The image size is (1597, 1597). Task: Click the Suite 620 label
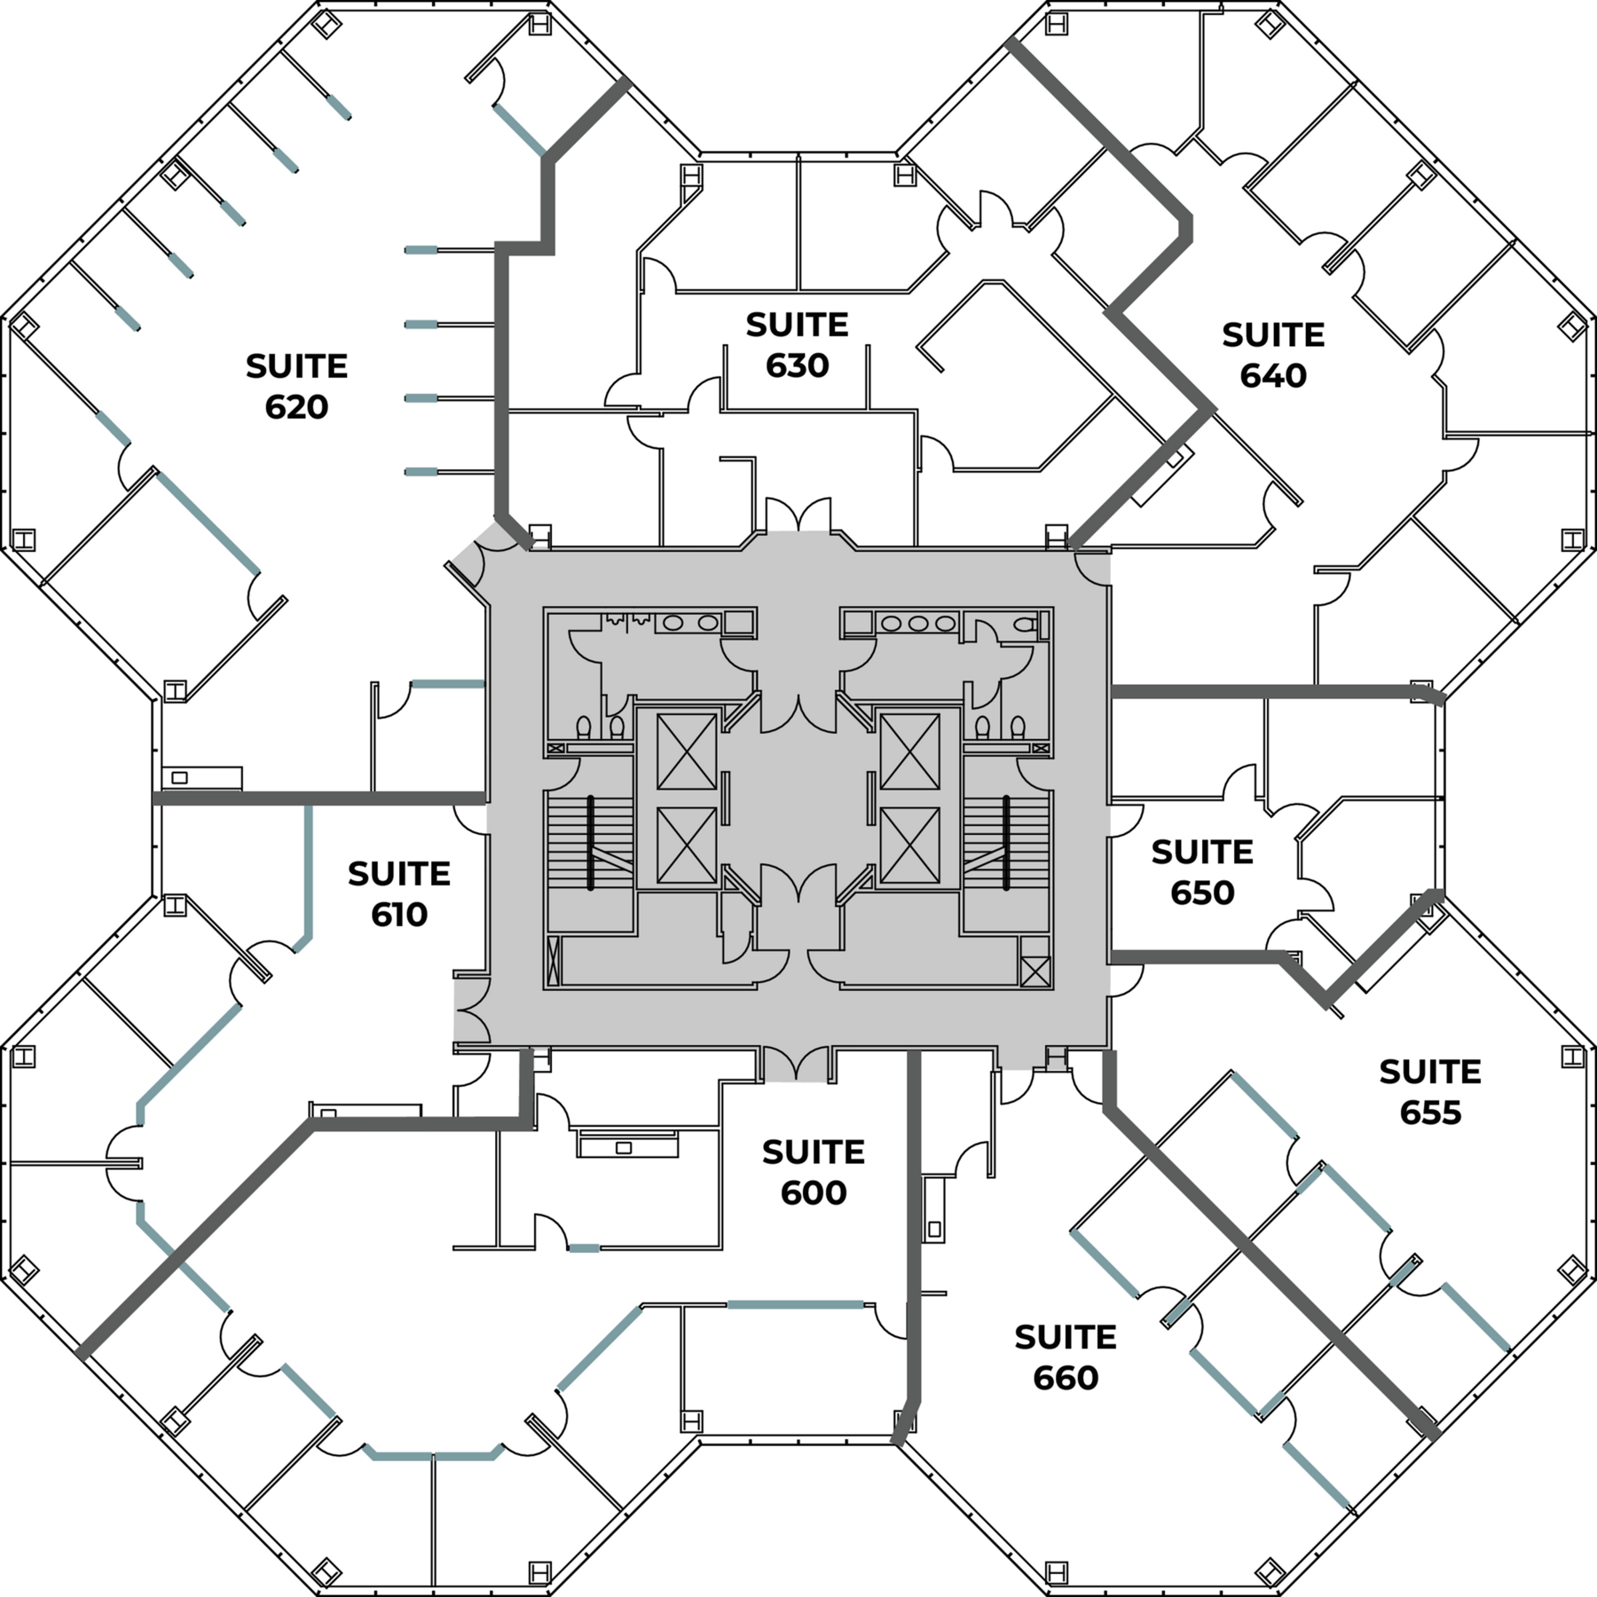point(296,386)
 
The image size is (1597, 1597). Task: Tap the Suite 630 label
point(797,345)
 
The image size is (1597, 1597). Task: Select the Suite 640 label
point(1273,355)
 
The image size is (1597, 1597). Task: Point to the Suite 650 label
point(1202,872)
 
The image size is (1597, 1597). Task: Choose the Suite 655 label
point(1430,1092)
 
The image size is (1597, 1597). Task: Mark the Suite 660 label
point(1066,1357)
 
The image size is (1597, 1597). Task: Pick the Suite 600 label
point(813,1172)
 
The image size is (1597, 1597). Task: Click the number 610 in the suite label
point(399,915)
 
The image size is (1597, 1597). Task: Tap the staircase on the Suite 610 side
point(589,842)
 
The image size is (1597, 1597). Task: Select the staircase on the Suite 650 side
point(1006,842)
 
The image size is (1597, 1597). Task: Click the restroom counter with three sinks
point(917,624)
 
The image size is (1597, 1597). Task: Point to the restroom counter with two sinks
point(690,623)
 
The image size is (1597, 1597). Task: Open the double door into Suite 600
point(798,1064)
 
